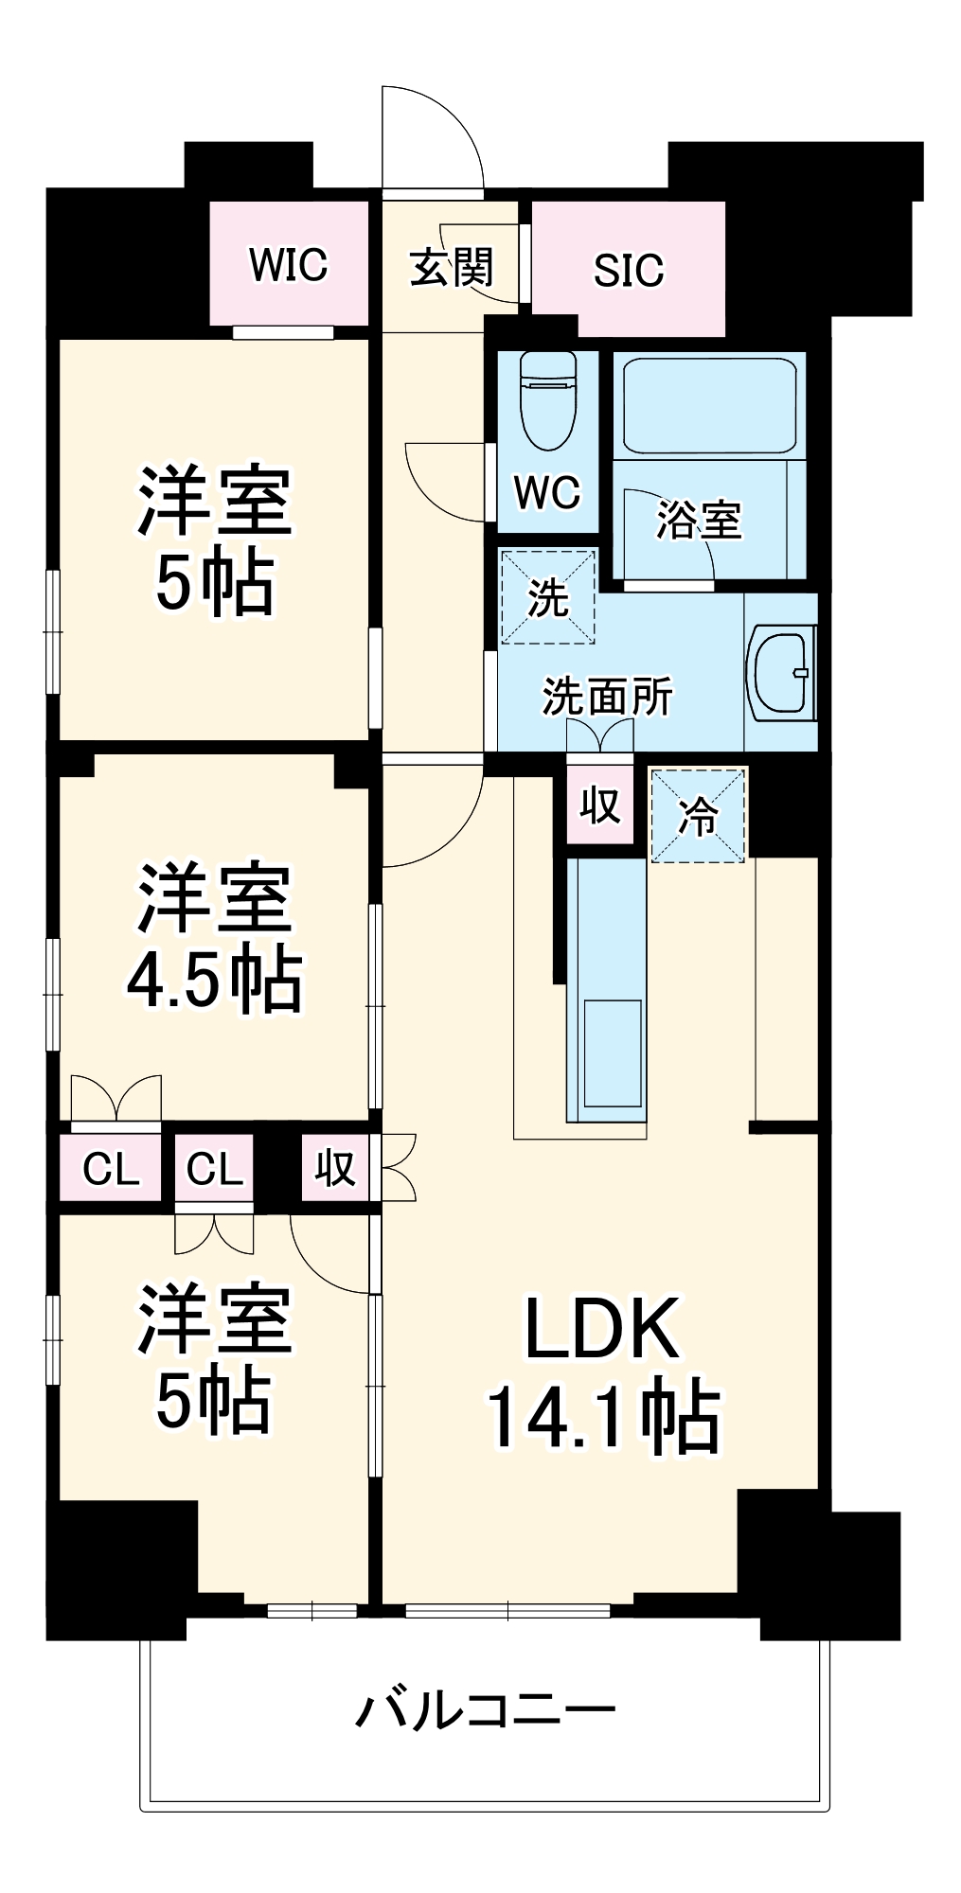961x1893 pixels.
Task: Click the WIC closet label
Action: tap(288, 265)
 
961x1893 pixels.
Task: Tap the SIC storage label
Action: tap(628, 271)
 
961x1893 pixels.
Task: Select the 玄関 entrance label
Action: tap(451, 268)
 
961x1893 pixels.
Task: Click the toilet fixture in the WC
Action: tap(548, 401)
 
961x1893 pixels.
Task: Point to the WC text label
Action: tap(547, 491)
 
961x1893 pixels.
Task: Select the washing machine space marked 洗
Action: tap(547, 597)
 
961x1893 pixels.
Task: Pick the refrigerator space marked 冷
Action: tap(698, 815)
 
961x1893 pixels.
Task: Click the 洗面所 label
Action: tap(607, 698)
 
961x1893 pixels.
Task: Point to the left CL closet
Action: tap(111, 1170)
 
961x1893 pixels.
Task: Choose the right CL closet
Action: tap(215, 1170)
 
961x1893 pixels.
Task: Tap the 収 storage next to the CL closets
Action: tap(336, 1170)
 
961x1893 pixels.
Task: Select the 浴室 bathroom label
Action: tap(699, 520)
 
